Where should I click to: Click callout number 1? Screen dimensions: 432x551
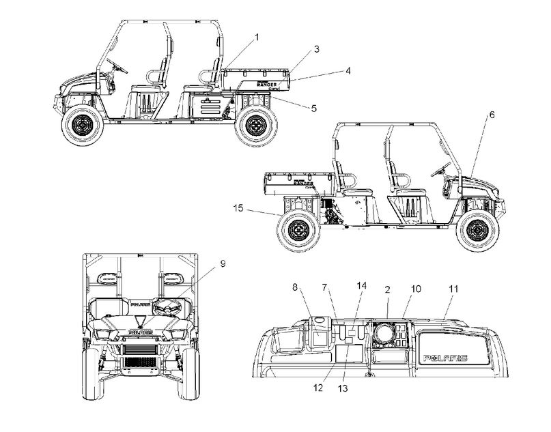pos(257,36)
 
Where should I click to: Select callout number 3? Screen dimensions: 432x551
pos(317,50)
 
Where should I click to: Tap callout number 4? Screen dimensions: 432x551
pos(348,70)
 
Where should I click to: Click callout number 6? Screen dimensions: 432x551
pos(491,115)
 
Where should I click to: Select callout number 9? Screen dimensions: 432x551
pos(223,263)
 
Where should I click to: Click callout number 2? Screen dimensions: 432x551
pos(387,290)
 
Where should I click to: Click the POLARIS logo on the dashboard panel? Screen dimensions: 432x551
pos(445,358)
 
